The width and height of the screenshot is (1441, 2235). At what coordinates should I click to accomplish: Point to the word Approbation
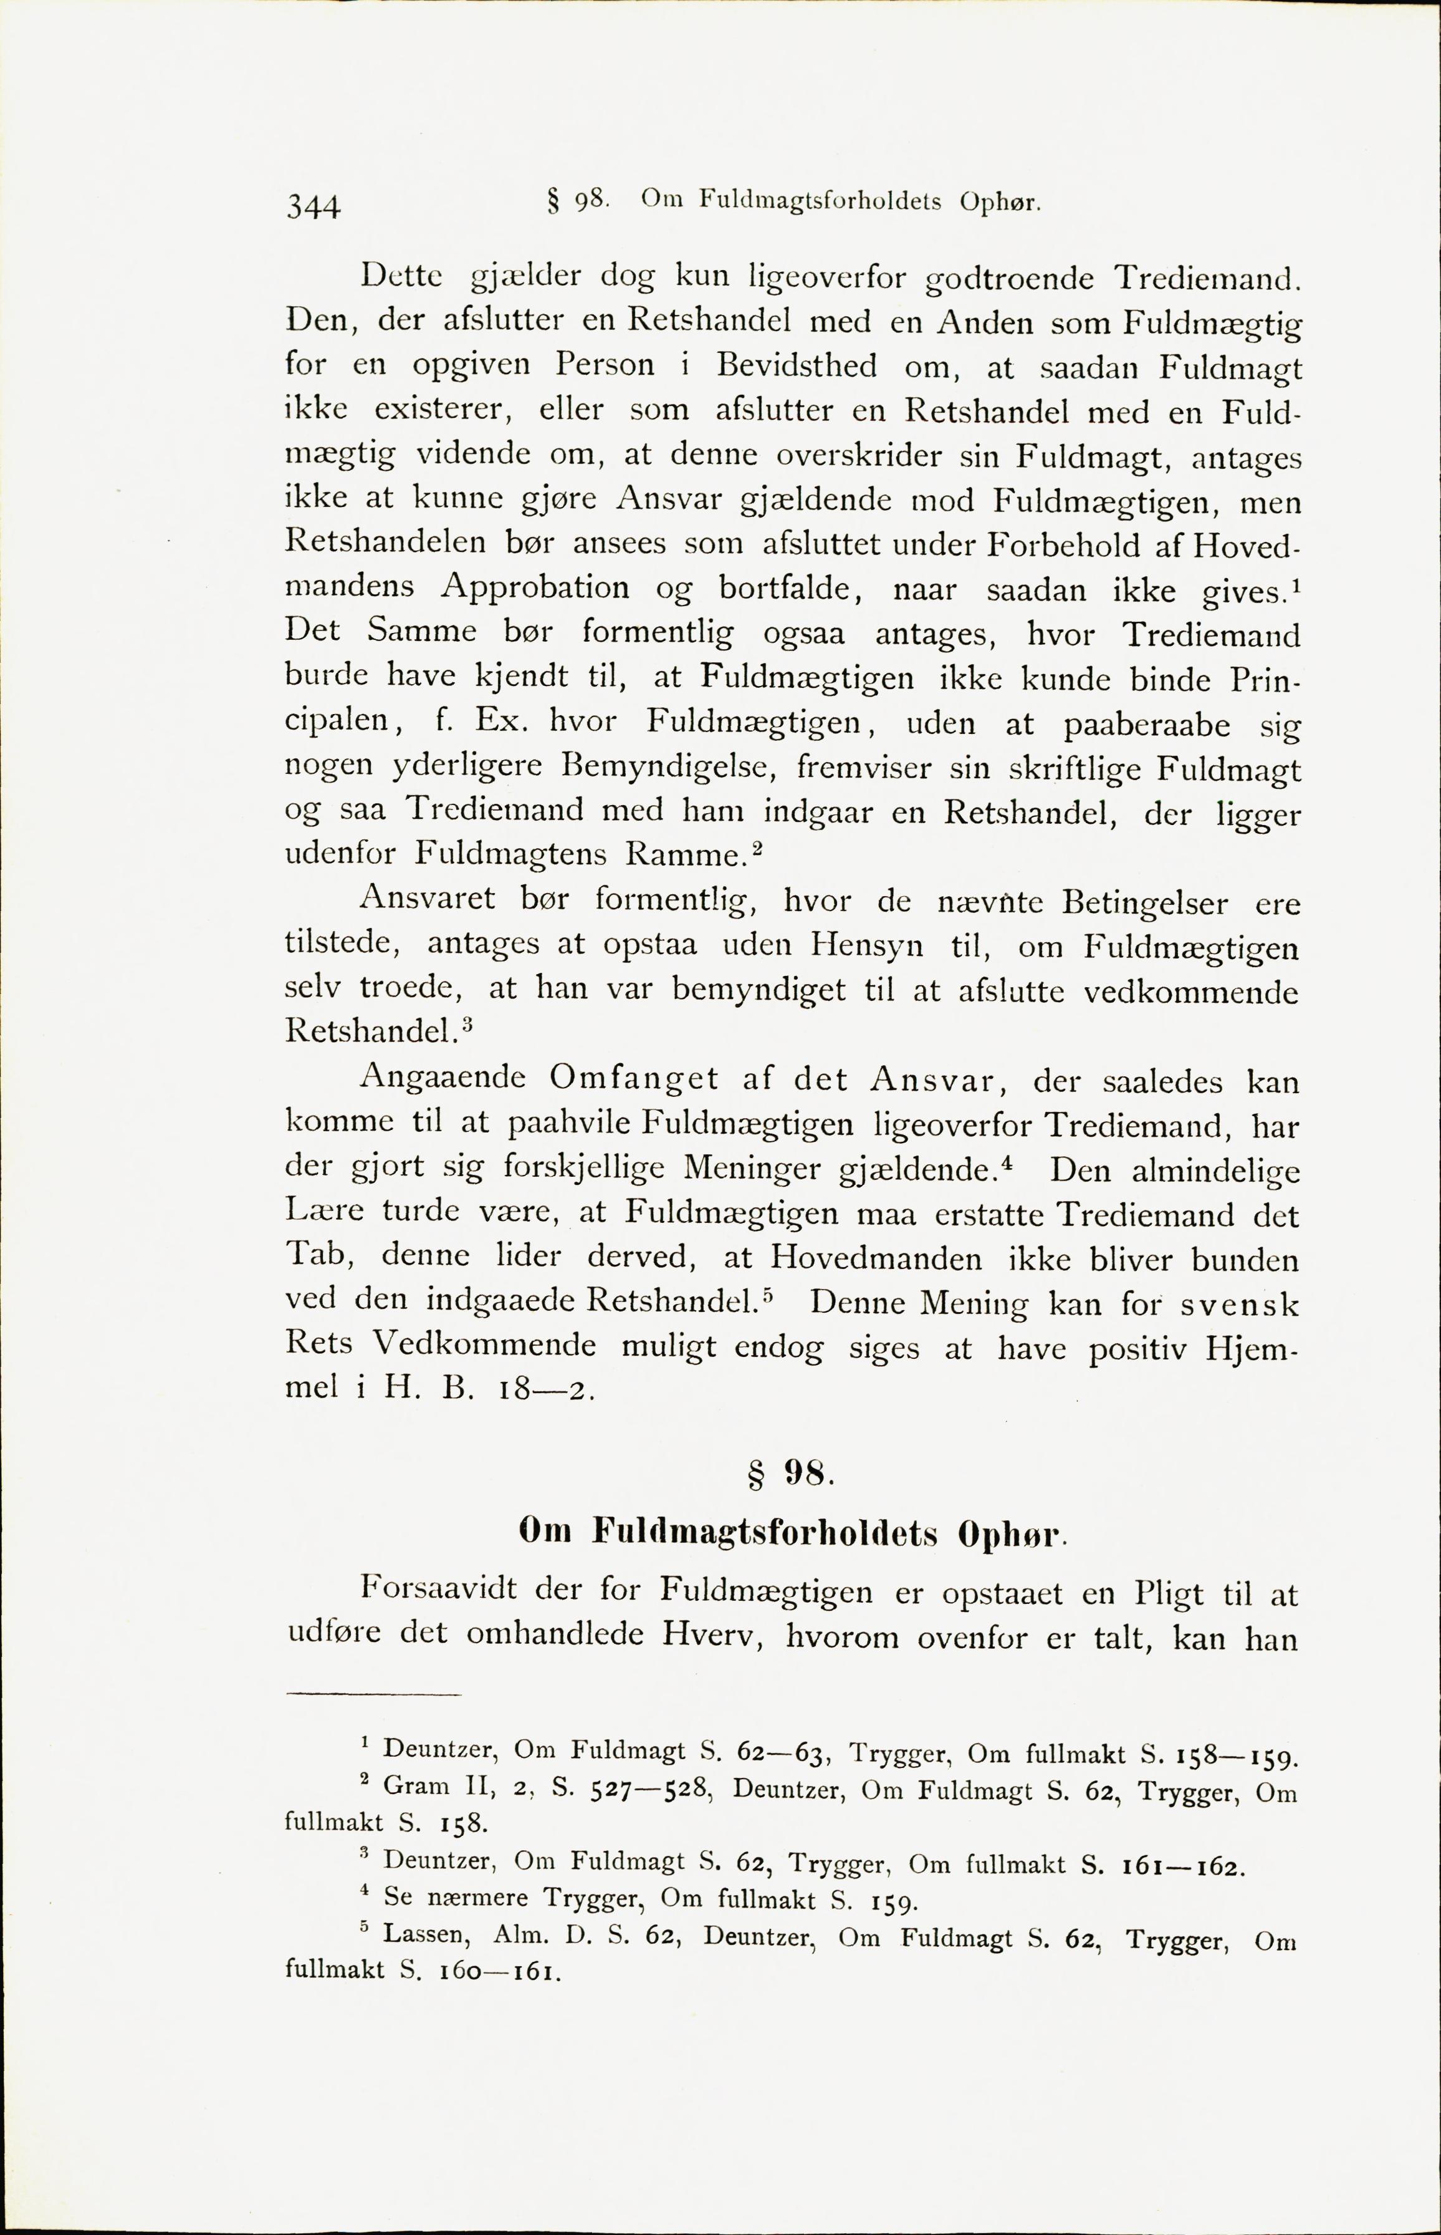click(535, 589)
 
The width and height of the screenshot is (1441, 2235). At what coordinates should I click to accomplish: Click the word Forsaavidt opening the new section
click(444, 1590)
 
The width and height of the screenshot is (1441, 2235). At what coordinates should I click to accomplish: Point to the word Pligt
click(1168, 1592)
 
